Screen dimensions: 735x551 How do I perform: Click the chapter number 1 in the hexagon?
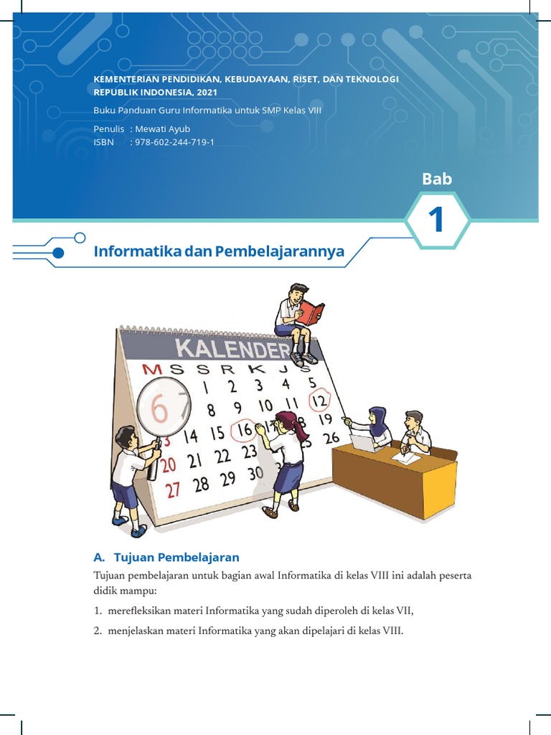tap(437, 221)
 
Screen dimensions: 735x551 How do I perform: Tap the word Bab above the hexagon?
tap(436, 179)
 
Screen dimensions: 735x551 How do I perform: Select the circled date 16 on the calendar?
tap(245, 430)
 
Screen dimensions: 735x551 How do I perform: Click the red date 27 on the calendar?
tap(173, 489)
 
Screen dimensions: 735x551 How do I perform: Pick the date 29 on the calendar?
tap(227, 478)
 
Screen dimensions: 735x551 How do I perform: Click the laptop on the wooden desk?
tap(362, 443)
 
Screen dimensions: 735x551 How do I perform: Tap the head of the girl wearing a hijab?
tap(377, 416)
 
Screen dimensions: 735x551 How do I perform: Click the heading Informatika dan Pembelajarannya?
tap(220, 252)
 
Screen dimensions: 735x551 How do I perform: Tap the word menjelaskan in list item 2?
tap(138, 632)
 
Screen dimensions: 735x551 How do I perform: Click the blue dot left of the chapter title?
tap(59, 253)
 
